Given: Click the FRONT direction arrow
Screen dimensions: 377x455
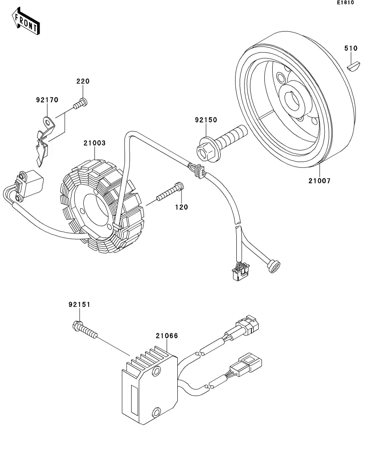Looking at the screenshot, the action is (26, 21).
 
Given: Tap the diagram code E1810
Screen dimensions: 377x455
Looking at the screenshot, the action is (345, 2).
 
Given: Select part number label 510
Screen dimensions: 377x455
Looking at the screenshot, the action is (351, 48).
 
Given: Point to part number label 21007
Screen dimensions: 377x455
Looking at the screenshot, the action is (320, 181).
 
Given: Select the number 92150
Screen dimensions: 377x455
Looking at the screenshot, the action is (206, 120).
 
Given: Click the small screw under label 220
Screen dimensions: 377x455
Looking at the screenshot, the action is (80, 104).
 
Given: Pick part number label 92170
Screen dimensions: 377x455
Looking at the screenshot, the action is (47, 100).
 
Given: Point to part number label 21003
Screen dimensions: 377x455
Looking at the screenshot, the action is (94, 143).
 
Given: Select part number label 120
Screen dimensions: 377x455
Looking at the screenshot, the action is (181, 207).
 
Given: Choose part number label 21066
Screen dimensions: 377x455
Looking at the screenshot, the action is (167, 336).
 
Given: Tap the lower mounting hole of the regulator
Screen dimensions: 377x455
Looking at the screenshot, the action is (156, 412).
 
